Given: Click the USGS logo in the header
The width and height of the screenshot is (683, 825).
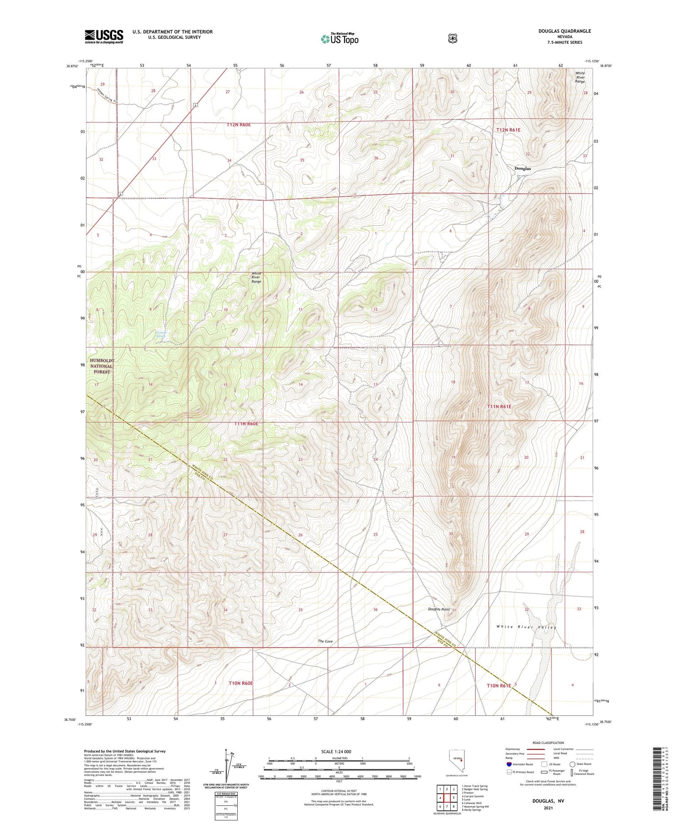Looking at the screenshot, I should point(104,36).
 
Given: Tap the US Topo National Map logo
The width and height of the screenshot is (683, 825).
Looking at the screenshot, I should point(339,39).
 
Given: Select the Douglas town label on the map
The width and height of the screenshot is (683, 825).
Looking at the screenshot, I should point(522,168).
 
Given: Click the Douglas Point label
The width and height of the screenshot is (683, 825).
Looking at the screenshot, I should point(438,609).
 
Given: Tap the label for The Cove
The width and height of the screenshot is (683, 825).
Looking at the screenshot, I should point(325,641).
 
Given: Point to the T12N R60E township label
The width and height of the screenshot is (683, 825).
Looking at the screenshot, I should point(239,124).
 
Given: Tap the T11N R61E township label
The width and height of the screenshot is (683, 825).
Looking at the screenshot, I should point(500,406).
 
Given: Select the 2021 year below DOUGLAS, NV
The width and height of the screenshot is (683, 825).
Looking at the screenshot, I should point(548,808).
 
